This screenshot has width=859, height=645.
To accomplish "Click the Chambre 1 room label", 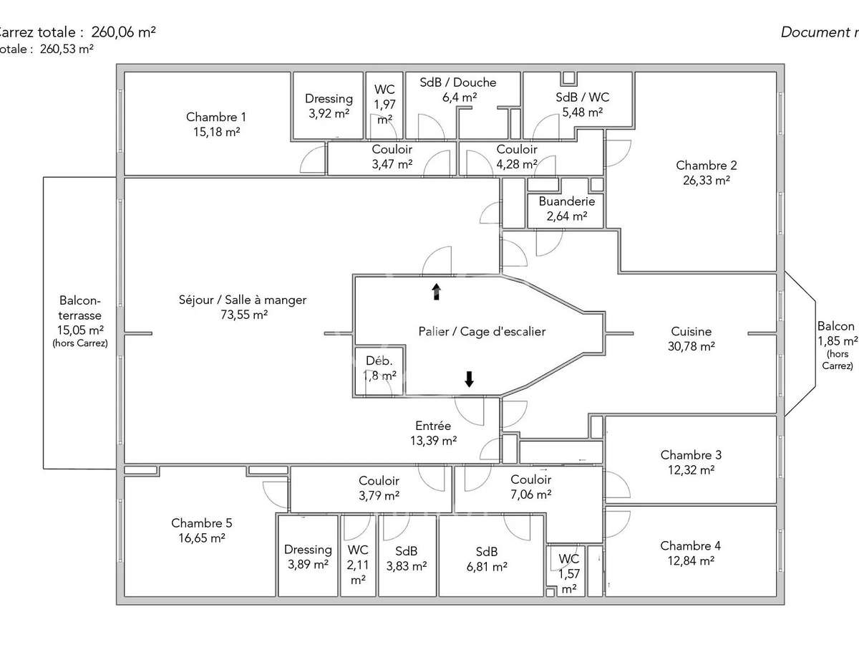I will click(216, 117).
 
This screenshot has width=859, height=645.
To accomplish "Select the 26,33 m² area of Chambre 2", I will click(706, 181).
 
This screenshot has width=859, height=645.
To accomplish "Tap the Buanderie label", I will click(563, 201).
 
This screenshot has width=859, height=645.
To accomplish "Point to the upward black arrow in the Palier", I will click(436, 291).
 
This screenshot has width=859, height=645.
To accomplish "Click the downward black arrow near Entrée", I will click(469, 379).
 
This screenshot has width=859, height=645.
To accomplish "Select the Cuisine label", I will click(691, 331).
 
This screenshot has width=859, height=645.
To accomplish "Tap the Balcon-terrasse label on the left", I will click(80, 308).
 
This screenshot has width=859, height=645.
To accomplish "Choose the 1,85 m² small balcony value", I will click(837, 340).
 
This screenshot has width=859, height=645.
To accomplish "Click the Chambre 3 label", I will click(691, 455).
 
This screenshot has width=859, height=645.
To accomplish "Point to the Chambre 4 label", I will click(691, 546).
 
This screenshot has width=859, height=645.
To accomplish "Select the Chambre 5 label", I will click(201, 523).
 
